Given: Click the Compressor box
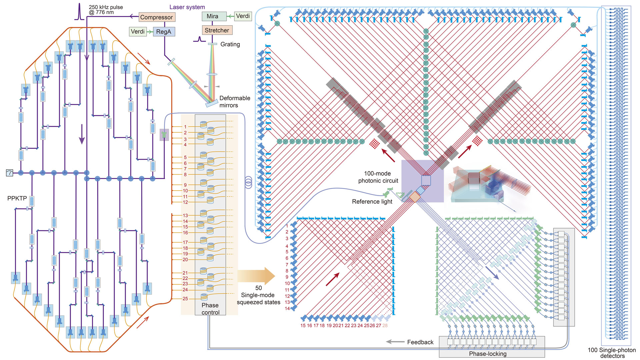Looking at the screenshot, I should pyautogui.click(x=156, y=17).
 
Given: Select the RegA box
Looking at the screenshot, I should pyautogui.click(x=164, y=32).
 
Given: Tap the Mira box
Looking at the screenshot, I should pyautogui.click(x=212, y=16).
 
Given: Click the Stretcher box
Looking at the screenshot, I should pyautogui.click(x=217, y=30).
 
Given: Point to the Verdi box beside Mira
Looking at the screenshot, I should pyautogui.click(x=243, y=16).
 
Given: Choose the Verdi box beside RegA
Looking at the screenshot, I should pyautogui.click(x=138, y=32).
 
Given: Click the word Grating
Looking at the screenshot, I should pyautogui.click(x=230, y=44).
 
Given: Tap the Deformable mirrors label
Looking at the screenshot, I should pyautogui.click(x=234, y=102).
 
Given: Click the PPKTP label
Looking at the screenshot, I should pyautogui.click(x=17, y=198).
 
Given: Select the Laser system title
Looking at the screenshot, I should pyautogui.click(x=187, y=7).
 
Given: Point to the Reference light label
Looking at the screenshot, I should pyautogui.click(x=372, y=202).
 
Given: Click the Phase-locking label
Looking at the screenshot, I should pyautogui.click(x=488, y=354).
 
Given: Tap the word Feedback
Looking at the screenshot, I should pyautogui.click(x=420, y=342).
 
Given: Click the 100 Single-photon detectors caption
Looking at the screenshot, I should pyautogui.click(x=612, y=353).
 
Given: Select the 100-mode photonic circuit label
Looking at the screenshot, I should pyautogui.click(x=378, y=177).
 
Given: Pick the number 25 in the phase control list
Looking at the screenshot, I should pyautogui.click(x=185, y=299).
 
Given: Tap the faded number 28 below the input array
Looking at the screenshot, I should pyautogui.click(x=385, y=326).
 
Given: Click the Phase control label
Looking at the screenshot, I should pyautogui.click(x=210, y=309).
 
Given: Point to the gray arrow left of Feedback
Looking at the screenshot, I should pyautogui.click(x=395, y=342).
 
